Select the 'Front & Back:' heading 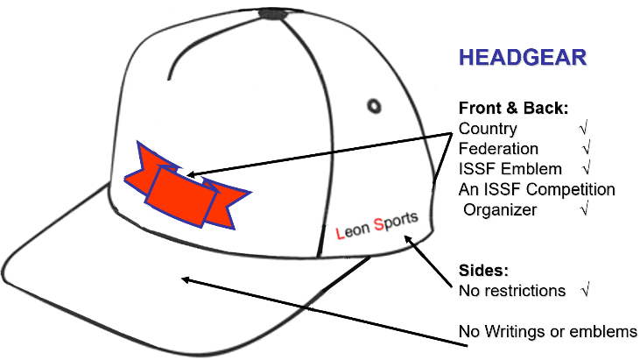(514, 109)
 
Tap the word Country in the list (489, 129)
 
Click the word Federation (499, 149)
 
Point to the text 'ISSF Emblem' (504, 169)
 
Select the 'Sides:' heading (484, 270)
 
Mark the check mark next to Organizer (585, 209)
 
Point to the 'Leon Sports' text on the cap (377, 225)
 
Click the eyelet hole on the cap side (374, 105)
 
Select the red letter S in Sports (378, 224)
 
